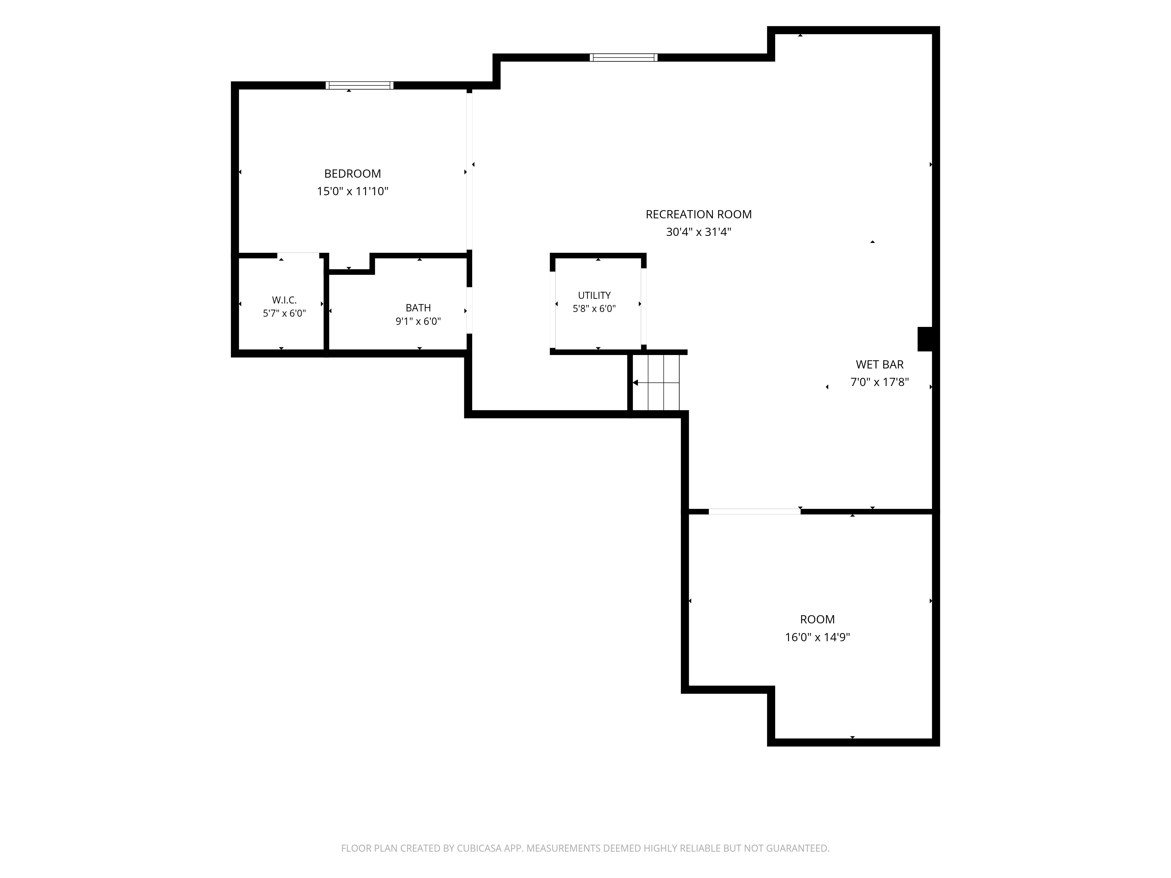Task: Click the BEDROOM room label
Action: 352,174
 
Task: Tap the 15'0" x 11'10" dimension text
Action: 352,191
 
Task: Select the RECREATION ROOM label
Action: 699,214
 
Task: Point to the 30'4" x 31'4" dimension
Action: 699,232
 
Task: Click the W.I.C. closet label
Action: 284,300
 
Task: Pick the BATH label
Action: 418,308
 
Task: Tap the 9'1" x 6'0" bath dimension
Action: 418,321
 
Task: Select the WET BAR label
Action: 880,365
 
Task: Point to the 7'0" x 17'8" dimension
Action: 880,382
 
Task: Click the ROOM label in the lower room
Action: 817,619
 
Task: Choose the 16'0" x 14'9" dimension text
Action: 817,637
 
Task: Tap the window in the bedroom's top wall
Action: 359,85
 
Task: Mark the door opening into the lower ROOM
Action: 754,511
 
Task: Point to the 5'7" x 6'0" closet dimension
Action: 284,313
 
